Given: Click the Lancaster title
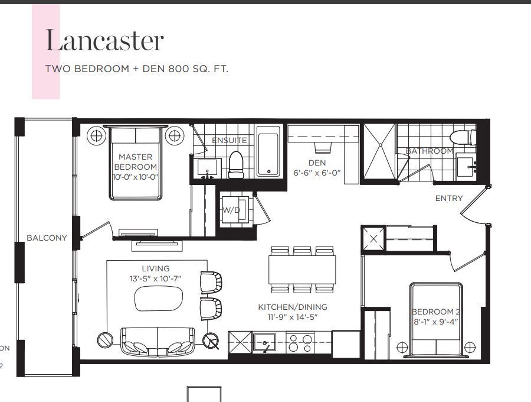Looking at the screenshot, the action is tap(104, 40).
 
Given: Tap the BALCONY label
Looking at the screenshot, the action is tap(47, 238).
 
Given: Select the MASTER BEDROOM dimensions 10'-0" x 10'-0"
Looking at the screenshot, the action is tap(136, 177).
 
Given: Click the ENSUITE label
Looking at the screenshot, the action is tap(230, 140).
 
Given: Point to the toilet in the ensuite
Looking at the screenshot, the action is tap(237, 164).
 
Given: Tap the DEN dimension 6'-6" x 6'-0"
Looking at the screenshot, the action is tap(317, 173).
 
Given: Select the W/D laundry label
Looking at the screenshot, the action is tap(231, 210).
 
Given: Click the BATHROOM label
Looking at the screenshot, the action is tap(430, 151).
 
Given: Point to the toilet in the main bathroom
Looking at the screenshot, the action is tap(463, 137).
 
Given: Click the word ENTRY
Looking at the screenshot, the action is tap(449, 198).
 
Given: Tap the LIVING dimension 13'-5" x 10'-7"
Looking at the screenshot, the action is tap(155, 278).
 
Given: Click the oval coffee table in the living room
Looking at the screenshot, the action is tap(159, 299).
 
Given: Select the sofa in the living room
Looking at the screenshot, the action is tap(158, 342).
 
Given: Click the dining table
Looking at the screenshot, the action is tap(302, 270).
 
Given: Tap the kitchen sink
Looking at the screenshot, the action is tap(265, 342).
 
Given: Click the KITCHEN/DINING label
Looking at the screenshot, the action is tap(293, 307).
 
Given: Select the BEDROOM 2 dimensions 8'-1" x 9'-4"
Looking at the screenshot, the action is tap(436, 321).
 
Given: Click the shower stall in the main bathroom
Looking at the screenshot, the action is tap(379, 151).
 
